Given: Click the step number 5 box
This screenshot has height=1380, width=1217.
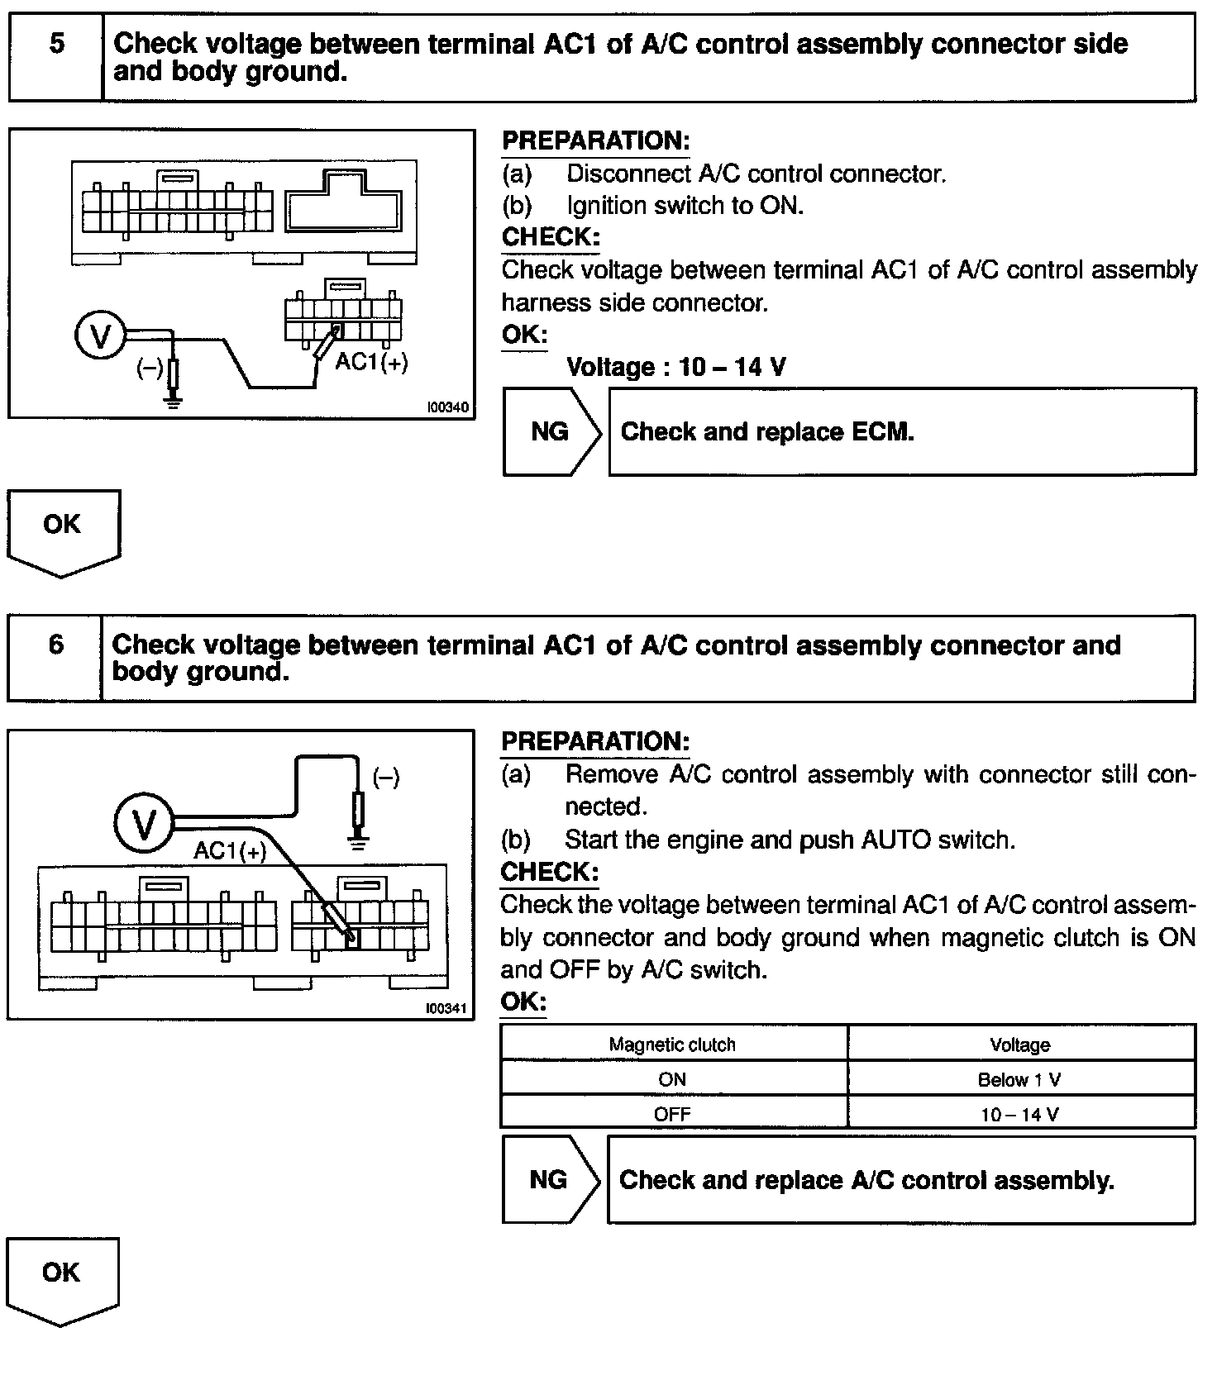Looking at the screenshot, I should point(56,57).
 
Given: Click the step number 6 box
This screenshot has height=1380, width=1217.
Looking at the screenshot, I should point(55,658).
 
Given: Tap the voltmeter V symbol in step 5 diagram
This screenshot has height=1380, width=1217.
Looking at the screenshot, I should point(100,336).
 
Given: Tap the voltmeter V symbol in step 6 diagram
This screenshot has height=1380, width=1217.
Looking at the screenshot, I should point(144,824).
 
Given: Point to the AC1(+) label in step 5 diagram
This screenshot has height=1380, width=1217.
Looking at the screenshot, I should point(371,362).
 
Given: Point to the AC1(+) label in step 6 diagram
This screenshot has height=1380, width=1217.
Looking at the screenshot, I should point(230,850).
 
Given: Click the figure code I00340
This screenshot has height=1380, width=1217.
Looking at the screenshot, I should point(447,407).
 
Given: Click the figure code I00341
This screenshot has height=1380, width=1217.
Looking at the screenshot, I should point(446,1008).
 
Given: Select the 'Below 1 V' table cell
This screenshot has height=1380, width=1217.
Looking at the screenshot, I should point(1019,1079).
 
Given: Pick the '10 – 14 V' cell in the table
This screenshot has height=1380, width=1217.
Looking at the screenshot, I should point(1019,1114).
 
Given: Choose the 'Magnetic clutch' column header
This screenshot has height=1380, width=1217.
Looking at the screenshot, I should point(672,1045).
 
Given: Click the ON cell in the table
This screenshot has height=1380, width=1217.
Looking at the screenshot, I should point(672,1079).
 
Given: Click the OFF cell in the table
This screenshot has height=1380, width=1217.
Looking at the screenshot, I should point(672,1114).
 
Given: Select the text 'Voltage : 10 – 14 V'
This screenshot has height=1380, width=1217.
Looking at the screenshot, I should point(675,367).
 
